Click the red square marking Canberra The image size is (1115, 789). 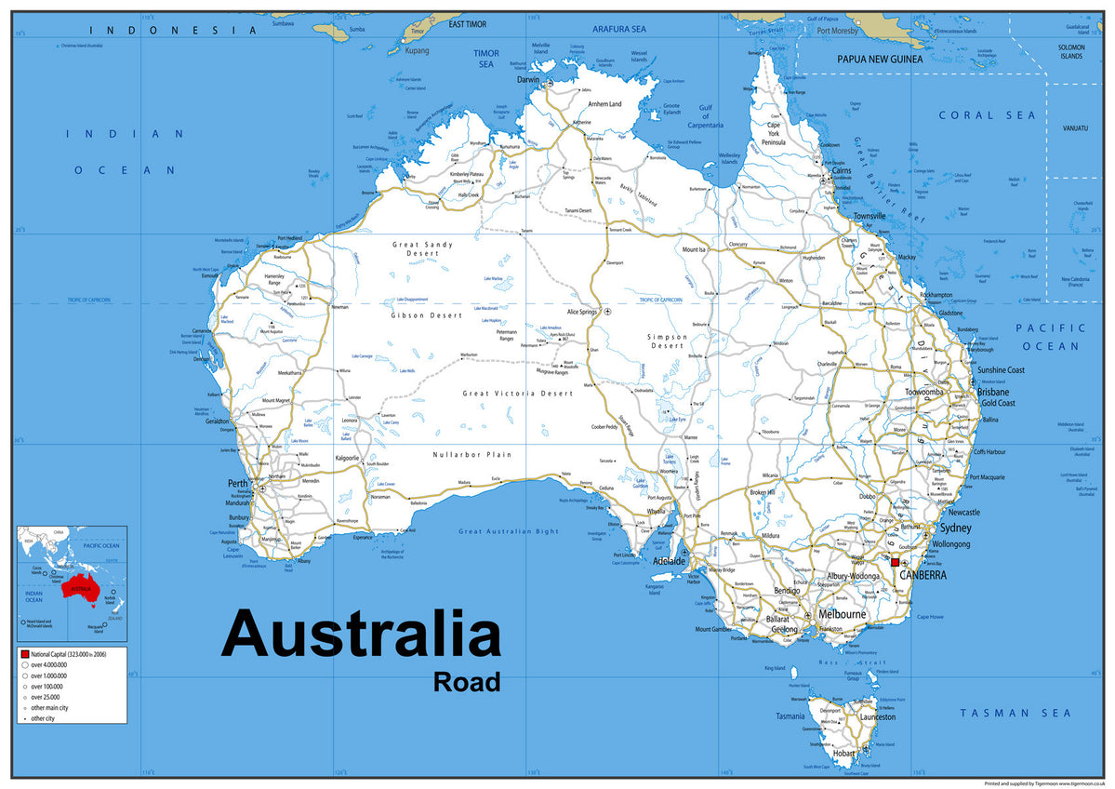pyautogui.click(x=896, y=563)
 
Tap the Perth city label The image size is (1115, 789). pyautogui.click(x=238, y=484)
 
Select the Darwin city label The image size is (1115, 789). pyautogui.click(x=527, y=80)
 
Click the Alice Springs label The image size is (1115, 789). pyautogui.click(x=580, y=312)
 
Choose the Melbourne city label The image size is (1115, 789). pyautogui.click(x=842, y=614)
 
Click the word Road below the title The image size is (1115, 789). pyautogui.click(x=466, y=681)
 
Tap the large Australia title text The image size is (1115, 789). pyautogui.click(x=361, y=635)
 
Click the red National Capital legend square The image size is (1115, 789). pyautogui.click(x=24, y=656)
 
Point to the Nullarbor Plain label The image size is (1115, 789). pyautogui.click(x=472, y=455)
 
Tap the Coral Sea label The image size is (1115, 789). pyautogui.click(x=987, y=115)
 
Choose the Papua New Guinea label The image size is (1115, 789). pyautogui.click(x=879, y=59)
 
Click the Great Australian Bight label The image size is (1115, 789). pyautogui.click(x=509, y=531)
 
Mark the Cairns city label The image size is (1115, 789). pyautogui.click(x=842, y=171)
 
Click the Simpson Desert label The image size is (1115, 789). pyautogui.click(x=667, y=341)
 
